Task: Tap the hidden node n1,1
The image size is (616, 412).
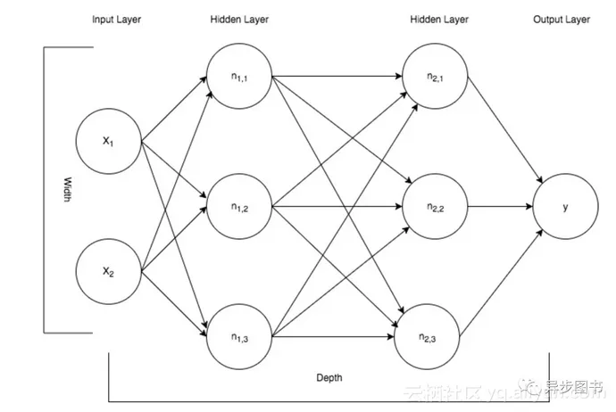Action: (x=239, y=77)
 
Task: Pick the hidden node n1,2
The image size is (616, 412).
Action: (x=239, y=208)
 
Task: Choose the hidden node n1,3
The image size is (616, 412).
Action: (x=239, y=336)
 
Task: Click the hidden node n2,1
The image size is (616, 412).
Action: (x=434, y=77)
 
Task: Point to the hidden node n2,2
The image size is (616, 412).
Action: (x=434, y=208)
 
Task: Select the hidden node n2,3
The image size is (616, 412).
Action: (x=434, y=336)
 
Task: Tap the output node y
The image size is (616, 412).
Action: (x=565, y=207)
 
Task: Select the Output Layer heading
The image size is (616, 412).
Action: (x=562, y=20)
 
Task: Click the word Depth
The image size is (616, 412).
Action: (x=329, y=377)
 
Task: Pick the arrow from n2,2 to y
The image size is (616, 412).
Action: (x=500, y=208)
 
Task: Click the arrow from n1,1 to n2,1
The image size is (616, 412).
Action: (x=339, y=77)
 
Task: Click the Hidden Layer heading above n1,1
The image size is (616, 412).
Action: (x=239, y=20)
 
